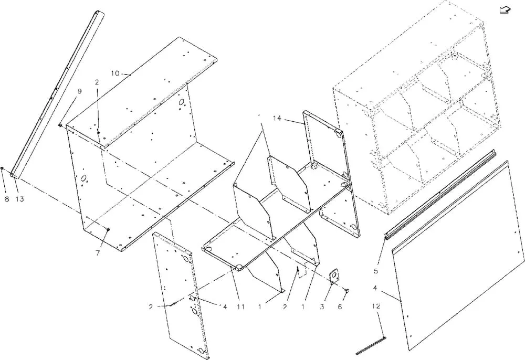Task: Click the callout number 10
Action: [115, 73]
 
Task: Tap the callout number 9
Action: [80, 91]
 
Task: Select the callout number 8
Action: [7, 199]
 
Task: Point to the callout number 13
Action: [20, 199]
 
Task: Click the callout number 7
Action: [98, 253]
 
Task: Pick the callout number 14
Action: [277, 118]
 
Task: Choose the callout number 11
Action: [240, 307]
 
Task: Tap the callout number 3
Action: [322, 307]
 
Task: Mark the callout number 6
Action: [340, 307]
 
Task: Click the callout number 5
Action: [376, 271]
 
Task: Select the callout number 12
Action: [376, 306]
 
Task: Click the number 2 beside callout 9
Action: [97, 82]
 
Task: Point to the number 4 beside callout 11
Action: [225, 307]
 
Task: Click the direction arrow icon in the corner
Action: [505, 10]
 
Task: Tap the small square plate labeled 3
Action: [333, 276]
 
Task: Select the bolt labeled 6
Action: [347, 291]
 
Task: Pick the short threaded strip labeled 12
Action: [371, 345]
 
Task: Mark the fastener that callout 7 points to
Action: [108, 229]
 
